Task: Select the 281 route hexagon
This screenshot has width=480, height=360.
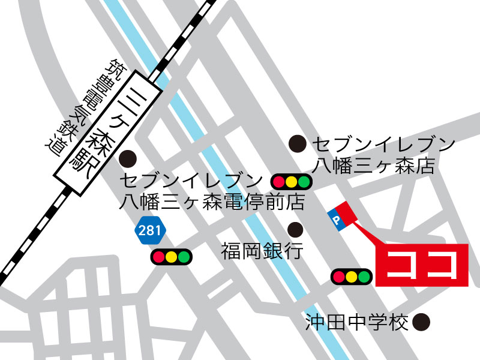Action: pos(148,230)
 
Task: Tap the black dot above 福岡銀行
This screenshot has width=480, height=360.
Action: pos(295,229)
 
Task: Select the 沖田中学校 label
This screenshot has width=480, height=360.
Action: pos(356,323)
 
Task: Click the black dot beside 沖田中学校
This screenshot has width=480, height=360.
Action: pos(423,323)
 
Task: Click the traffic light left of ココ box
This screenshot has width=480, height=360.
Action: pos(352,277)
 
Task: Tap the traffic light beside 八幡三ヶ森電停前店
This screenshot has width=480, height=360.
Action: pos(292,181)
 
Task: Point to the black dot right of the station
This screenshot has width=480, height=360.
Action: pos(128,160)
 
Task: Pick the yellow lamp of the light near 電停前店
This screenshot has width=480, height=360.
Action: pos(292,181)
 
